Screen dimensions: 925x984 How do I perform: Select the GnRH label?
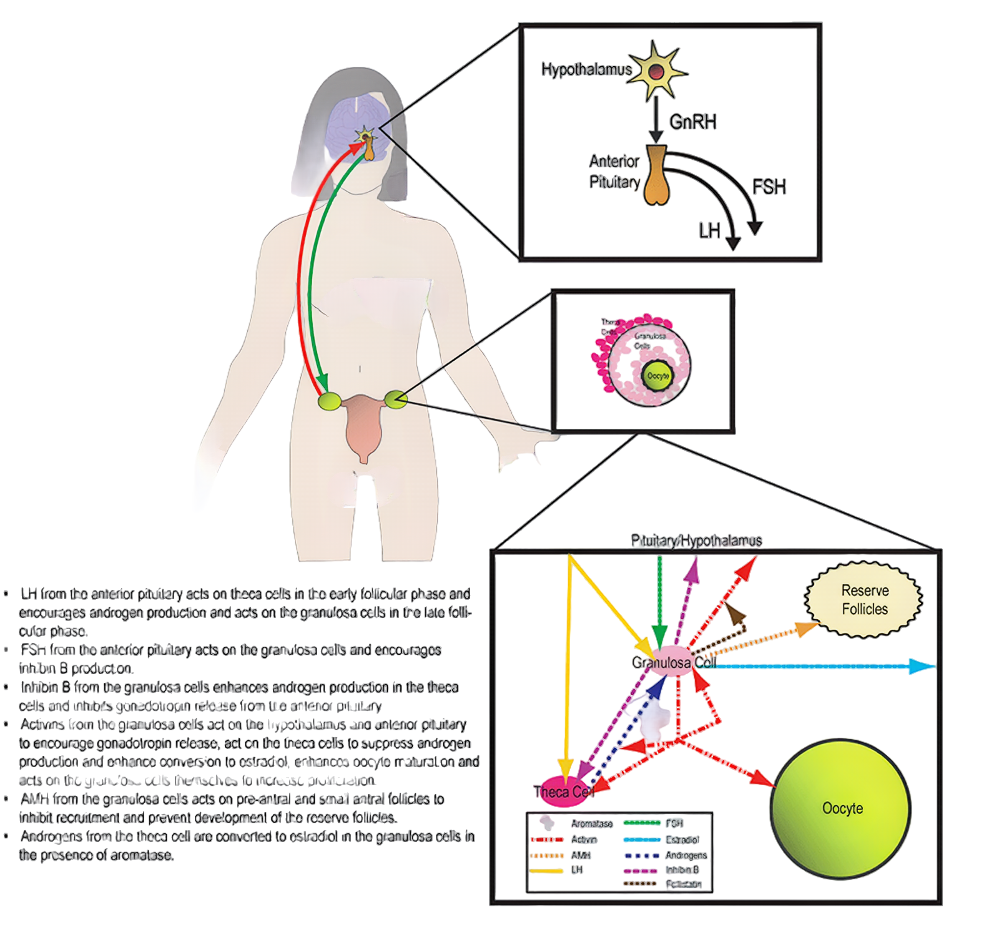[x=692, y=122]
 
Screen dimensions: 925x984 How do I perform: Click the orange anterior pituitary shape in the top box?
[x=656, y=178]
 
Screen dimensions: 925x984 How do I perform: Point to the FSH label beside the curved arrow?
[x=769, y=187]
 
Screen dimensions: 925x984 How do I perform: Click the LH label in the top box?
[x=709, y=232]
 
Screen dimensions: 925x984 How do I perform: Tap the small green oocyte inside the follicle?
[x=657, y=376]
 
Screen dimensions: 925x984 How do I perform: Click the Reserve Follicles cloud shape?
[x=864, y=600]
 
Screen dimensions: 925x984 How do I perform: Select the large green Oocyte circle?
[x=841, y=808]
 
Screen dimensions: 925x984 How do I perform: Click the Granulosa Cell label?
[x=673, y=662]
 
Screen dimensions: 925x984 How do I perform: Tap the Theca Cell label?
[x=563, y=792]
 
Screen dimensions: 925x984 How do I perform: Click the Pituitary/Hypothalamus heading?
[x=696, y=541]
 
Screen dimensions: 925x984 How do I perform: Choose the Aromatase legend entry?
[x=591, y=824]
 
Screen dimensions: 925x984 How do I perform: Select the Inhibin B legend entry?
[x=682, y=870]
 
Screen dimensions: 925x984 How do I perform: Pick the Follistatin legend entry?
[x=683, y=884]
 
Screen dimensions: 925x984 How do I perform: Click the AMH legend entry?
[x=581, y=855]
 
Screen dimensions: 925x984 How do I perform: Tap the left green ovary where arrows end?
[x=329, y=401]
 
